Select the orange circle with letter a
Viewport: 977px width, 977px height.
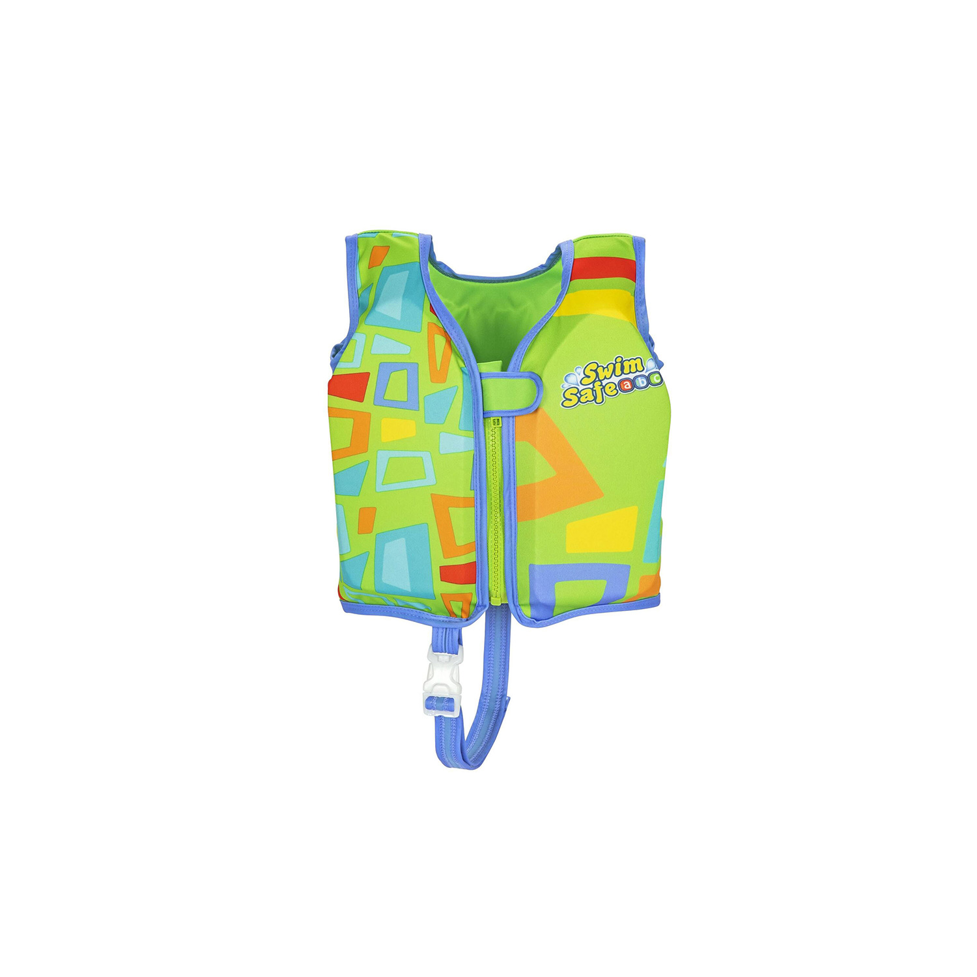tap(626, 385)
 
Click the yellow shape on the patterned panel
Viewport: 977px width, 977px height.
tap(397, 429)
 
